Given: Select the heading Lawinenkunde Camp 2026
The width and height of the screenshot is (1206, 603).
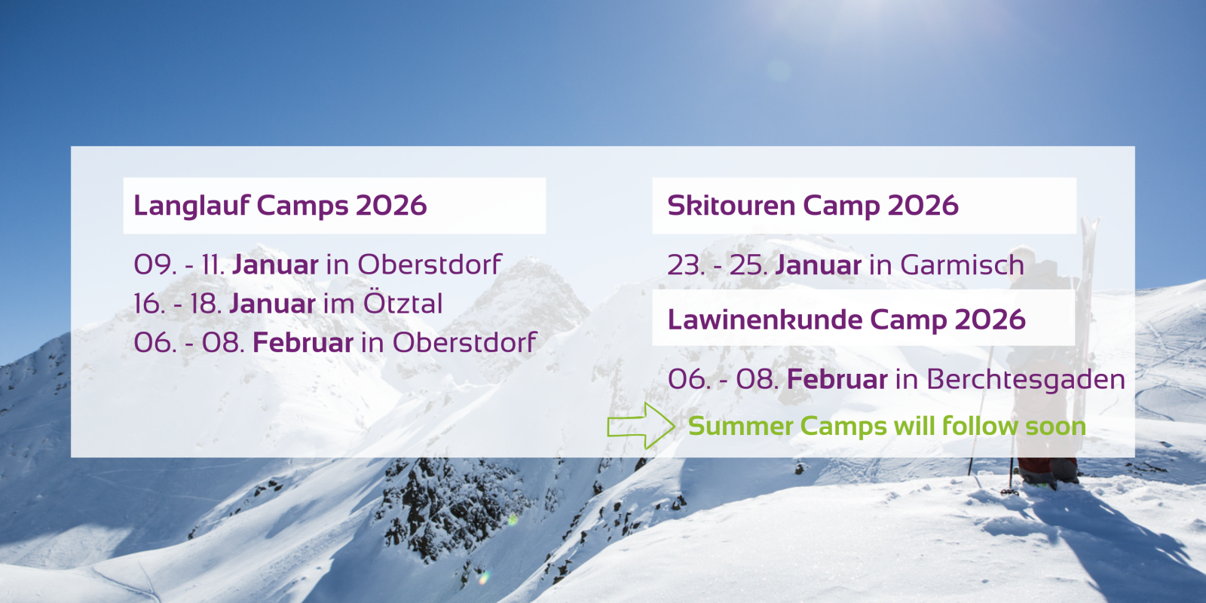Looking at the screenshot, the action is pyautogui.click(x=846, y=320).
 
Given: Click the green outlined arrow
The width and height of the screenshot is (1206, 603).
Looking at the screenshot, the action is pyautogui.click(x=641, y=426).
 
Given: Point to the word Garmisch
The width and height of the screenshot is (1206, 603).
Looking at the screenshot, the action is pyautogui.click(x=962, y=265).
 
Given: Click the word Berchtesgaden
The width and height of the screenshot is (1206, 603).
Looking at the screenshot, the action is pyautogui.click(x=1026, y=380).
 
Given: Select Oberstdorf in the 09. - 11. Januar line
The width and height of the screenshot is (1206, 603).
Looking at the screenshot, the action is pyautogui.click(x=430, y=265).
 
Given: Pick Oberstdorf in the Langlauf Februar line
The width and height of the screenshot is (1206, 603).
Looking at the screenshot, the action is pyautogui.click(x=464, y=342).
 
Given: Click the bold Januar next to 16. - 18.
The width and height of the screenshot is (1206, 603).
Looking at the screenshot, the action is pyautogui.click(x=272, y=304).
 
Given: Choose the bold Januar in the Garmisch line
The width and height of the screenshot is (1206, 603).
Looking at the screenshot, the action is pyautogui.click(x=819, y=265).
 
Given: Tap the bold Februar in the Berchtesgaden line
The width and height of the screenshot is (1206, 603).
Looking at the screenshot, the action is pyautogui.click(x=837, y=380).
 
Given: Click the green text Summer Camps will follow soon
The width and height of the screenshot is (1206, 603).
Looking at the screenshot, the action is pyautogui.click(x=886, y=427).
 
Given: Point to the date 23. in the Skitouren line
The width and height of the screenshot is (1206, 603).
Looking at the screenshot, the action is pyautogui.click(x=686, y=265).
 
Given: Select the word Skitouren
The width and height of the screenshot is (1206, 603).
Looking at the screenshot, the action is pyautogui.click(x=732, y=206).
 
